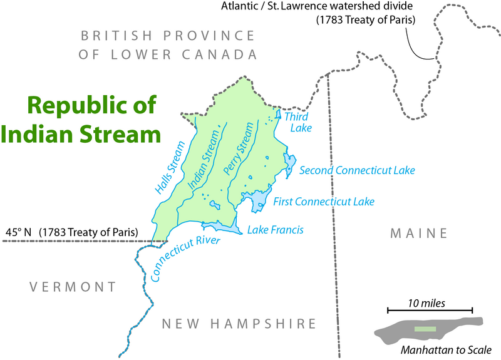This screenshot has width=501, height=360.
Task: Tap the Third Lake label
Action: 297,122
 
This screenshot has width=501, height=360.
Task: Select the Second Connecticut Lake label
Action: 357,170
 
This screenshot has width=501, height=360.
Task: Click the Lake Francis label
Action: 275,230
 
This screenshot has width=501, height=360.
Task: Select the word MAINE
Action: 419,234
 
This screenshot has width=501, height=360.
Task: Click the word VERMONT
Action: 73,287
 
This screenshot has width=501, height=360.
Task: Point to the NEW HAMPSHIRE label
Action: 239,324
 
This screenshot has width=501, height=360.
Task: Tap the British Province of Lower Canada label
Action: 168,44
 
